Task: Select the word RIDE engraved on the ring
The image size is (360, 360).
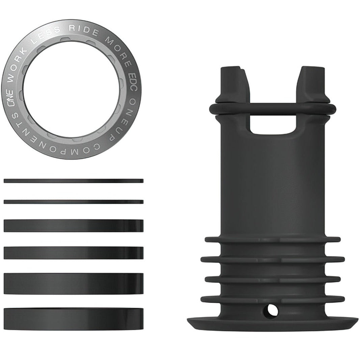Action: click(84, 29)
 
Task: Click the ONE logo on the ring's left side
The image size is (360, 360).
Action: click(10, 98)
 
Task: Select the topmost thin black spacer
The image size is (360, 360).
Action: click(74, 181)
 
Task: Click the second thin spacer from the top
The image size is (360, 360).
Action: click(74, 202)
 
